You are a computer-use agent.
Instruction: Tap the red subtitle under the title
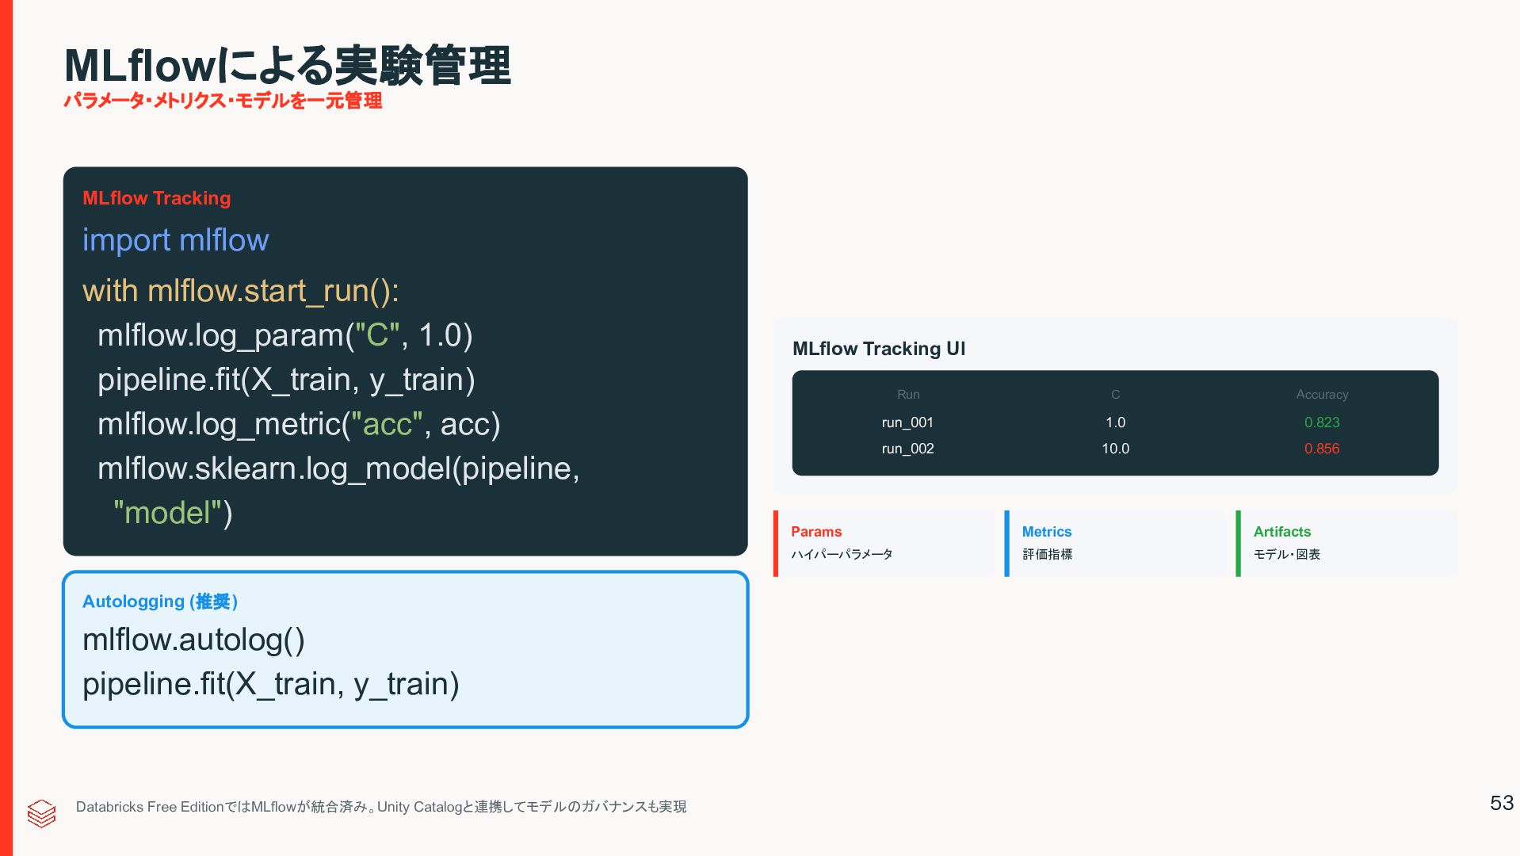223,101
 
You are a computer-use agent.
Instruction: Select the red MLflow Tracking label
156,198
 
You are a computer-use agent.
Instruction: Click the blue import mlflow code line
175,240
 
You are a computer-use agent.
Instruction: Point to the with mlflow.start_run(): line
241,291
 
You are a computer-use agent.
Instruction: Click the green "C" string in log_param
377,335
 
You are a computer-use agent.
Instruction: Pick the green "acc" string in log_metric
387,424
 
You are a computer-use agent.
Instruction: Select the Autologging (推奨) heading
160,602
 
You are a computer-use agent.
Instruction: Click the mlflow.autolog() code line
193,640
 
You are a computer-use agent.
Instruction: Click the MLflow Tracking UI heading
878,349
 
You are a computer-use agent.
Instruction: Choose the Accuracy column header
1321,395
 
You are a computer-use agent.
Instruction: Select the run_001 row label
907,422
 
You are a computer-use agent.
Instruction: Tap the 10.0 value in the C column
1115,449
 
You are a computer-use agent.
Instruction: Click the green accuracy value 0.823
1321,422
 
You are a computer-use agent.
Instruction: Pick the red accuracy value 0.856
1321,449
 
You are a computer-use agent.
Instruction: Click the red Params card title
815,532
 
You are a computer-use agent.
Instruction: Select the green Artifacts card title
1281,532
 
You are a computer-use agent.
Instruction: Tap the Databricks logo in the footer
41,812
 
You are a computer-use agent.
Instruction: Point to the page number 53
1501,803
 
